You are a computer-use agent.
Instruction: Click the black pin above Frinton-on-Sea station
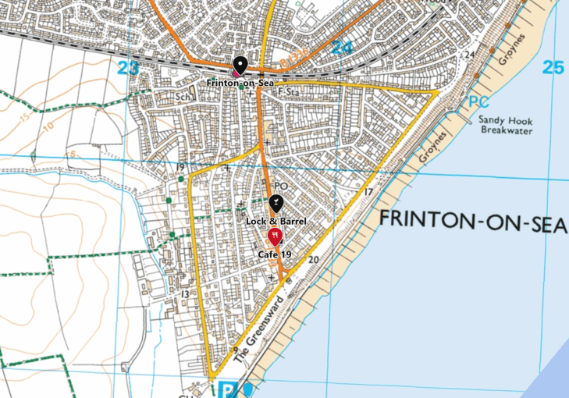[240, 66]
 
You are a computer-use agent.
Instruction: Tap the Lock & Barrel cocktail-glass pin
[276, 204]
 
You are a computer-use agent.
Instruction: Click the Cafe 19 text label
[275, 254]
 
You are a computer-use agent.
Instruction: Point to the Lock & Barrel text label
[276, 222]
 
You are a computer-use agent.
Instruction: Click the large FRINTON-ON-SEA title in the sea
[472, 220]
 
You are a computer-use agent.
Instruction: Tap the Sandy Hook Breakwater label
[505, 126]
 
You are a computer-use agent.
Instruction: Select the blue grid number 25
[553, 68]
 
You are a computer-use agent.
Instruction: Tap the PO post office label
[282, 186]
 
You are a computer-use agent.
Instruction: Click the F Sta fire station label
[290, 93]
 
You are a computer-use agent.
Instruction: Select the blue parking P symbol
[227, 389]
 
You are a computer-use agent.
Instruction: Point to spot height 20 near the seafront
[314, 259]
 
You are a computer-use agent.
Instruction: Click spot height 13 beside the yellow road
[185, 294]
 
